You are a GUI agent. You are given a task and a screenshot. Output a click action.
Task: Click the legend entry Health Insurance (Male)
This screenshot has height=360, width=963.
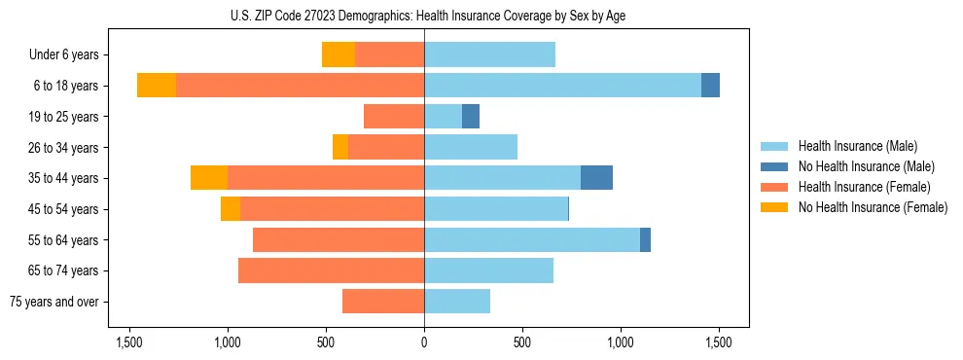(x=857, y=146)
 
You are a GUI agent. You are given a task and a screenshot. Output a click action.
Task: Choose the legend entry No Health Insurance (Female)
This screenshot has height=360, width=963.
(x=873, y=207)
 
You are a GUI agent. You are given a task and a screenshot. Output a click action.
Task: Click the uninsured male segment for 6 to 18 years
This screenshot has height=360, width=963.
(x=710, y=86)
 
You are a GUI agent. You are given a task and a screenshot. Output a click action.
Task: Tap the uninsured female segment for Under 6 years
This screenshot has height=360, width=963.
(x=339, y=54)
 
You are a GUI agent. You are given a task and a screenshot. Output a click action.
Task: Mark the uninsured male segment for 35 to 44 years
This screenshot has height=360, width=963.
(x=596, y=178)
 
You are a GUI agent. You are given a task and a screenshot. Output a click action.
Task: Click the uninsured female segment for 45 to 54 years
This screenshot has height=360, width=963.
(x=231, y=209)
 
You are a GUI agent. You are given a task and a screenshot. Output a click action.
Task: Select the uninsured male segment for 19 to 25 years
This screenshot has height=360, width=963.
(x=471, y=117)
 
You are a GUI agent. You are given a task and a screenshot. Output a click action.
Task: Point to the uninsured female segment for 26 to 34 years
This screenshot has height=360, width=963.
(x=340, y=147)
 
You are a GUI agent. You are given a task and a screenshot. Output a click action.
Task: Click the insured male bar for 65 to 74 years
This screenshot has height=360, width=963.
(x=488, y=270)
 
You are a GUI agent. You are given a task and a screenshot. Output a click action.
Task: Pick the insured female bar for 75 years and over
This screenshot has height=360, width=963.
(x=383, y=302)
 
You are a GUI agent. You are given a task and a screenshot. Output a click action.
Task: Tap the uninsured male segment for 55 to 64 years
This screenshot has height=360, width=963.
(x=645, y=239)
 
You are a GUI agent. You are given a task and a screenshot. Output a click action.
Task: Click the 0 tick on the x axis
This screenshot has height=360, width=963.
(x=424, y=342)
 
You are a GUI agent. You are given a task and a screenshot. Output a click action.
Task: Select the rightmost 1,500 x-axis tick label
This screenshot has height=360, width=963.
(x=718, y=342)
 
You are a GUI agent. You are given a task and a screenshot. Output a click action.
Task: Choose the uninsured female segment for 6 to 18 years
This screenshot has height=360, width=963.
(x=157, y=86)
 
